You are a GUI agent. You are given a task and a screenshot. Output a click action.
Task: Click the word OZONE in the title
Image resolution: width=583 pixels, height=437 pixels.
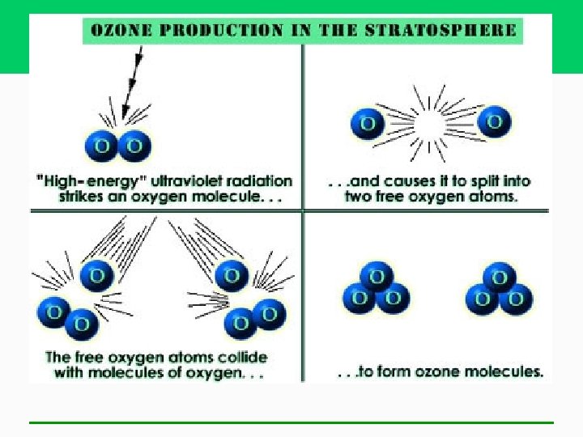pyautogui.click(x=116, y=32)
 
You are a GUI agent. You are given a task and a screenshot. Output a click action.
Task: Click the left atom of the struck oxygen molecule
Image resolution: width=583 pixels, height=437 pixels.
pyautogui.click(x=103, y=146)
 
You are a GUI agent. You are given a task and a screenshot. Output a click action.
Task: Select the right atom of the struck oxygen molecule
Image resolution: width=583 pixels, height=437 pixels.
pyautogui.click(x=134, y=146)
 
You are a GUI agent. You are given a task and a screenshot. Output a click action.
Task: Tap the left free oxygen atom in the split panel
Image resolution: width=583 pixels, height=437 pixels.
pyautogui.click(x=368, y=124)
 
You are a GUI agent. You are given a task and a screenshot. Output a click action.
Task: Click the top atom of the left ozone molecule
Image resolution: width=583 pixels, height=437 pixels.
pyautogui.click(x=376, y=277)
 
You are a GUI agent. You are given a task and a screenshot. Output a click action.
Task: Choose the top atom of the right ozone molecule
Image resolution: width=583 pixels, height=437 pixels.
pyautogui.click(x=500, y=278)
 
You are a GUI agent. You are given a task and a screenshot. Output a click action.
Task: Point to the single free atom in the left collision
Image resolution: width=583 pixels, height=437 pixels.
pyautogui.click(x=96, y=275)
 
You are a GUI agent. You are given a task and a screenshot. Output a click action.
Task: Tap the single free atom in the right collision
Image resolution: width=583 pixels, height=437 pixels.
pyautogui.click(x=232, y=275)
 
